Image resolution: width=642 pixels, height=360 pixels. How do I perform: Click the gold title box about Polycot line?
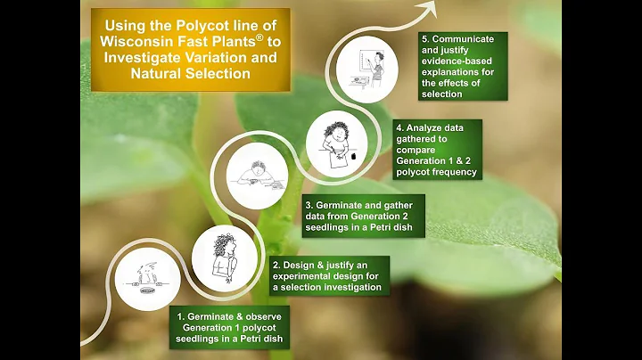[x=191, y=50]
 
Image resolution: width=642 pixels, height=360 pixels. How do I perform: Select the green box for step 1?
[x=229, y=327]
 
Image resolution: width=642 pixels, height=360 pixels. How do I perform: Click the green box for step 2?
[x=329, y=275]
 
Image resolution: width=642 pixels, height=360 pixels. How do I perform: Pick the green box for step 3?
[x=364, y=216]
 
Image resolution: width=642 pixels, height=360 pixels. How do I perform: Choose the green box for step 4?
[x=437, y=150]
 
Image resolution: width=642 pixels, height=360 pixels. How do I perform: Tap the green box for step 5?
[x=463, y=66]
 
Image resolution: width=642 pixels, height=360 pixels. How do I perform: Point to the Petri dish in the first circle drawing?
[x=148, y=290]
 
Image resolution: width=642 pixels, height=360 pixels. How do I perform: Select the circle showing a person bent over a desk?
[x=257, y=176]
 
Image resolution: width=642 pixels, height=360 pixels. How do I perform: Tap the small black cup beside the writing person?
[x=354, y=156]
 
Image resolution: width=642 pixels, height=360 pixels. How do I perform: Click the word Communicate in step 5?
[x=463, y=39]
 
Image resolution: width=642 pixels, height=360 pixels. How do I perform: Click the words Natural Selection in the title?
[x=191, y=73]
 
